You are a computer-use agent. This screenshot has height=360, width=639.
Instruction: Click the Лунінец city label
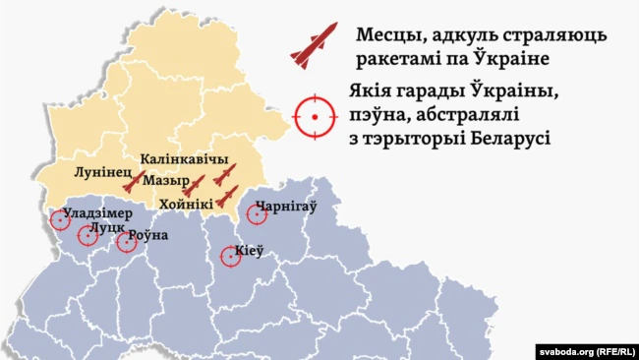point(99,171)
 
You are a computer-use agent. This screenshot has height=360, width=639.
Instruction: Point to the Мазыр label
point(165,182)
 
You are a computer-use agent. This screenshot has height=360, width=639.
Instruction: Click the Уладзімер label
point(97,212)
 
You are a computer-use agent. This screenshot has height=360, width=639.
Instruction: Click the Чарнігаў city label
point(291,209)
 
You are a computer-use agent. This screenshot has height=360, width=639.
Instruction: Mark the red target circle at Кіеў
point(231,257)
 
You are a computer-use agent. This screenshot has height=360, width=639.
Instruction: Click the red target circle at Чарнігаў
point(257,213)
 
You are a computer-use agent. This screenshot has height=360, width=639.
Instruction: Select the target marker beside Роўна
point(126,241)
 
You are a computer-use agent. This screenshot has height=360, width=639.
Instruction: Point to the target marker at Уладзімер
point(60,219)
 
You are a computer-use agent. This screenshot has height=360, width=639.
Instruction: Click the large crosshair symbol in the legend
point(315,117)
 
